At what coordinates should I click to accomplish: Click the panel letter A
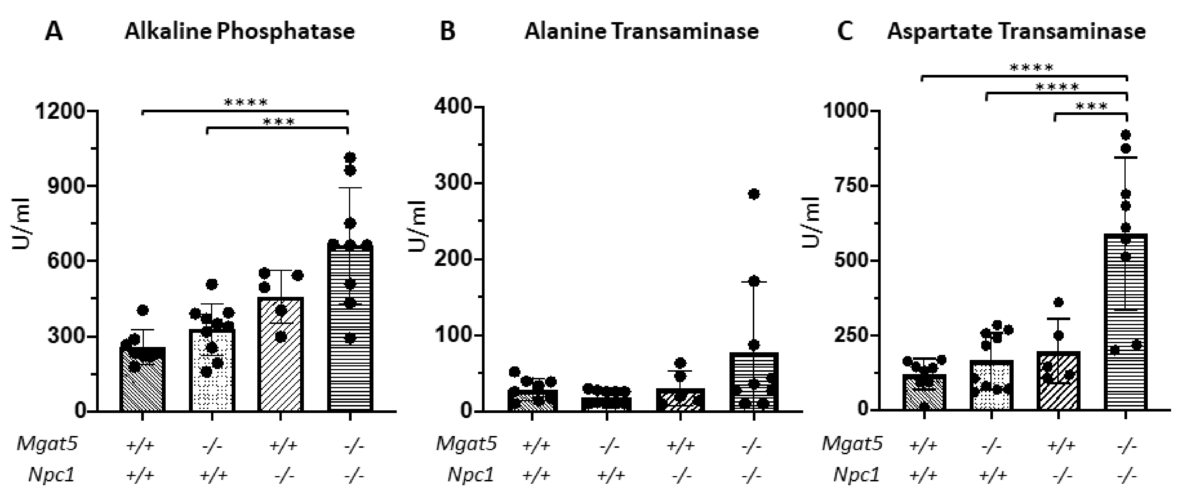[x=53, y=32]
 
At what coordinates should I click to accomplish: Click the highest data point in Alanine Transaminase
[x=754, y=194]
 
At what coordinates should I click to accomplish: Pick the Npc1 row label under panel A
[x=51, y=475]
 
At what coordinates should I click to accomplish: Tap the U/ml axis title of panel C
[x=811, y=222]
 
